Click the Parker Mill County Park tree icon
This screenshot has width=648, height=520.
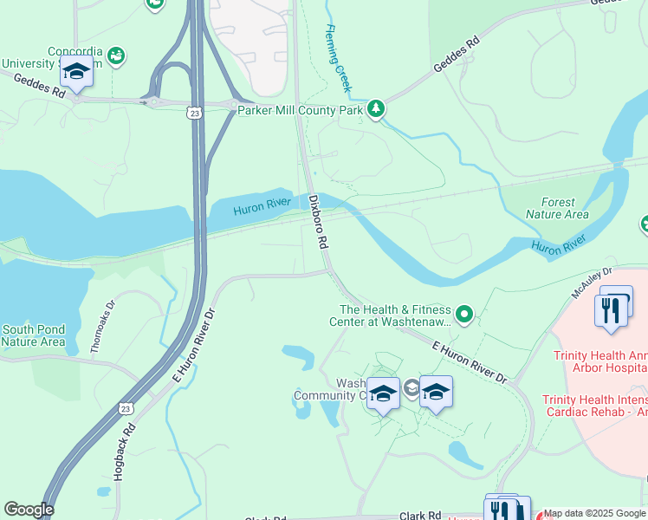pos(375,109)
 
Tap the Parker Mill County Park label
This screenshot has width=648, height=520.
pos(301,110)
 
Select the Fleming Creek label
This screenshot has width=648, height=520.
pos(338,59)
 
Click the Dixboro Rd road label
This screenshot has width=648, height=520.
pos(319,220)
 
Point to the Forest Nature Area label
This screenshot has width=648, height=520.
pos(557,208)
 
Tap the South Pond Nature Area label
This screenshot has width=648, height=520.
pos(33,335)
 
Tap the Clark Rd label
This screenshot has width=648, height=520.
pos(422,515)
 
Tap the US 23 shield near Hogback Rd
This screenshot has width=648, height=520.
pos(127,408)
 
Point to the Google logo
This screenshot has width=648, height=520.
pos(29,510)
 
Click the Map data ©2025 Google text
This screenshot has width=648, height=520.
pos(594,513)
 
